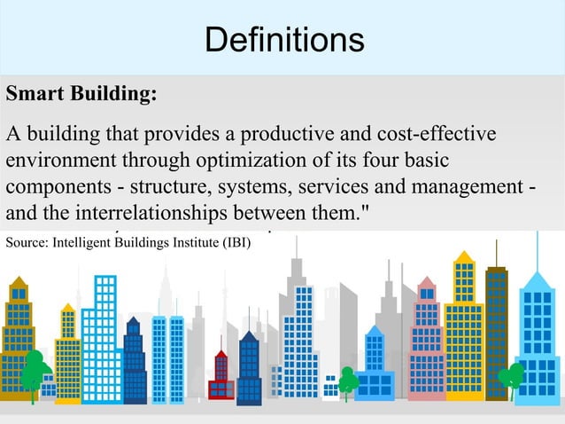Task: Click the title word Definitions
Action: [x=283, y=40]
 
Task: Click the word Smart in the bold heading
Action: [x=31, y=95]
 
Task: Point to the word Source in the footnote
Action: [x=26, y=242]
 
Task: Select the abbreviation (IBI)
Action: [x=233, y=242]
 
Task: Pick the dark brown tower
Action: [x=497, y=328]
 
